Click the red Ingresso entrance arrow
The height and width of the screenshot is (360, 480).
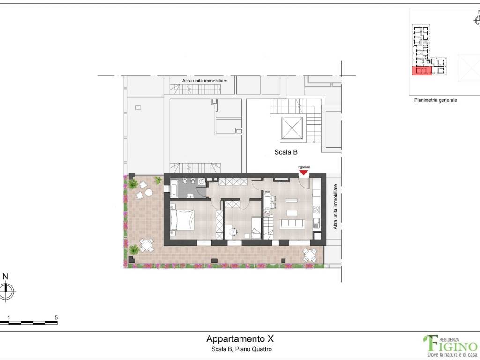click(x=303, y=172)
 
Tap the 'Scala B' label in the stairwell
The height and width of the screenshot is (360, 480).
click(x=286, y=152)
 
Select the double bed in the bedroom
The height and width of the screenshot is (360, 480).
click(x=183, y=220)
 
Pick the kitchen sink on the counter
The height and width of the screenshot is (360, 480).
click(x=316, y=222)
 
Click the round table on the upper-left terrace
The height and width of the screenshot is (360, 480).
click(x=149, y=192)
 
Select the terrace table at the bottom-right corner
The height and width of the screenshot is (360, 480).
click(x=309, y=255)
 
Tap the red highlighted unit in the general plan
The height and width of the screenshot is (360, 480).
click(x=420, y=71)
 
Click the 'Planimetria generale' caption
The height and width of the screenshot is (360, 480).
click(x=435, y=100)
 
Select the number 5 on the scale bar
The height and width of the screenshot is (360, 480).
click(x=56, y=317)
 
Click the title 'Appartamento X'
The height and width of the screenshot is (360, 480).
click(x=239, y=338)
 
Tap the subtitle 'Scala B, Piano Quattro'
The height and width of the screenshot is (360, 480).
click(x=239, y=349)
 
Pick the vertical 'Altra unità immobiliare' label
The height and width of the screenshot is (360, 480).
click(x=335, y=206)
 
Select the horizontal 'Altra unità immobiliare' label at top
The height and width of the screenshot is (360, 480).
click(x=205, y=81)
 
